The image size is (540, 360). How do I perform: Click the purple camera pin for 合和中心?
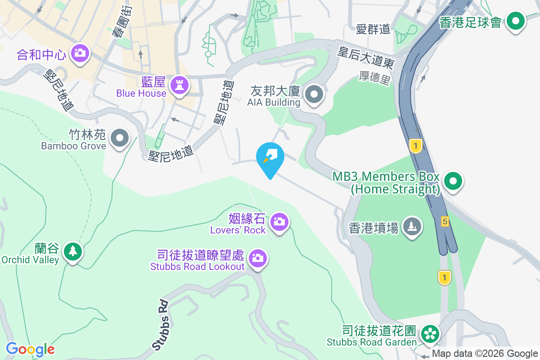[80, 53]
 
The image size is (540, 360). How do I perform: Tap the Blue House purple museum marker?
[180, 85]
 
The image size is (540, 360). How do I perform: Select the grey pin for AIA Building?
[314, 95]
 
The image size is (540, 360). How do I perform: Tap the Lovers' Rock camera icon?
[279, 221]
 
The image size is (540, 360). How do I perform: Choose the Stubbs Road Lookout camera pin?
[257, 258]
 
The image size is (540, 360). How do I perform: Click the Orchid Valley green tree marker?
[72, 251]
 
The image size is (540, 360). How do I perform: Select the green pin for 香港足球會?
[516, 21]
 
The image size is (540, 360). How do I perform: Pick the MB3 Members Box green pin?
[453, 181]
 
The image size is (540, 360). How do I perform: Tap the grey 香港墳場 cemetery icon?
[412, 226]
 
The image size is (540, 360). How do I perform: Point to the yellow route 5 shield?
[445, 221]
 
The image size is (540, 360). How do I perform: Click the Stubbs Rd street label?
[161, 325]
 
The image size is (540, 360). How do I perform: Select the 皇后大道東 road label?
[366, 58]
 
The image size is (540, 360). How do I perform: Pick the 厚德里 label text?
[374, 78]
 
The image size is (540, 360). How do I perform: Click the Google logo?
[30, 349]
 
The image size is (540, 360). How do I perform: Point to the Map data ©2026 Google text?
[485, 354]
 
